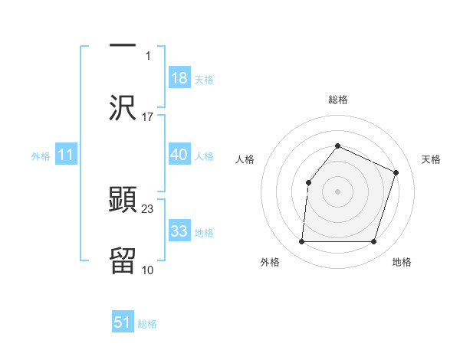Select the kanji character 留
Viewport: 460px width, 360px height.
tap(123, 261)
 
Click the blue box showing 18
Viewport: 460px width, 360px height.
tap(179, 78)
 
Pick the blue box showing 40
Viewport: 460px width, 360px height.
tap(179, 155)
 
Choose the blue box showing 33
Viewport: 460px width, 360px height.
tap(179, 231)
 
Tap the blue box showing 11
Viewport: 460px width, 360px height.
tap(66, 155)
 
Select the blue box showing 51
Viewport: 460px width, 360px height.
tap(123, 322)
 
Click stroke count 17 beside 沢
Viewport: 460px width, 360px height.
tap(148, 117)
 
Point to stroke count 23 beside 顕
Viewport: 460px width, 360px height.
tap(148, 208)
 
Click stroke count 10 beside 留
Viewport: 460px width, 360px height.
tap(148, 270)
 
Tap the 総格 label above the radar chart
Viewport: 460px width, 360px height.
tap(337, 100)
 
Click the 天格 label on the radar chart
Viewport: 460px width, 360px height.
tap(432, 159)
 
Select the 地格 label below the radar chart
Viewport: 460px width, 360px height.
tap(402, 263)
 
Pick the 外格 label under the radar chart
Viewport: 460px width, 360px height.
tap(270, 263)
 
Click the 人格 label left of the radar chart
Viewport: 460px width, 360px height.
tap(245, 159)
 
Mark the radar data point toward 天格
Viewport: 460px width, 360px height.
tap(396, 172)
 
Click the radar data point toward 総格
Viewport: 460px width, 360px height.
tap(337, 146)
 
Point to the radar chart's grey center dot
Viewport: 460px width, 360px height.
tap(337, 191)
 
